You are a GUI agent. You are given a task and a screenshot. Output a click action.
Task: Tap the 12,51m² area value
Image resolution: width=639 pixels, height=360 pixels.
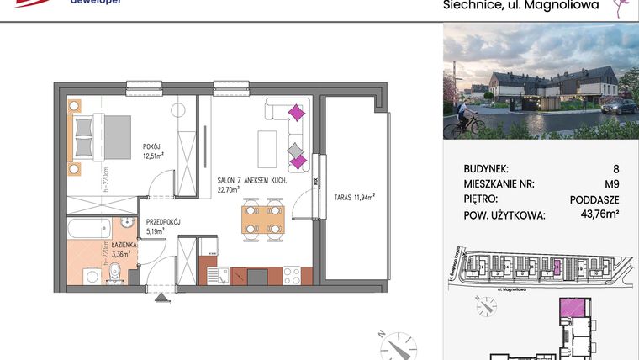tap(152, 155)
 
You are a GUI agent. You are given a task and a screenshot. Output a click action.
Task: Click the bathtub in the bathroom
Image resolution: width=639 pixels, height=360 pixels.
tap(89, 225)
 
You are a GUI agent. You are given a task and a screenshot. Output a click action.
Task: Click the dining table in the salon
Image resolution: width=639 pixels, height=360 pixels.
tap(261, 219)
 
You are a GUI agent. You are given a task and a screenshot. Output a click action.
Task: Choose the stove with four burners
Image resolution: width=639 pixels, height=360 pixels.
tap(292, 275)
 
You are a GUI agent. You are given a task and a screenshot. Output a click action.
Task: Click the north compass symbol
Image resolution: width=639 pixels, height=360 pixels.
tap(396, 344)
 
